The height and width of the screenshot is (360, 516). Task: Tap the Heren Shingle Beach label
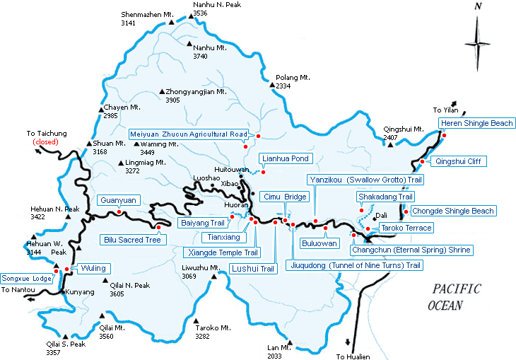(476, 124)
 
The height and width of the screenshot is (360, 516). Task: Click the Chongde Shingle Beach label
(453, 211)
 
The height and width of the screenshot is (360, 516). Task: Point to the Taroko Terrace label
(406, 228)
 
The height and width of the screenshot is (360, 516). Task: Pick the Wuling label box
(88, 269)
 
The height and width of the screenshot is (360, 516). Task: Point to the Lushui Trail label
(252, 269)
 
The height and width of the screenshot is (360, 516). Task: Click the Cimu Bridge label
(283, 196)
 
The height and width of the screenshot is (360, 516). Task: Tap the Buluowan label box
(320, 243)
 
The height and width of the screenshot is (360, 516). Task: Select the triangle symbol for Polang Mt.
(272, 85)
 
